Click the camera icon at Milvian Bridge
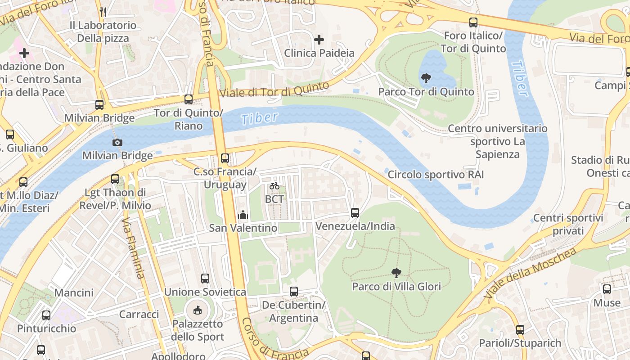[x=117, y=142]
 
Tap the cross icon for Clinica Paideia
[x=319, y=40]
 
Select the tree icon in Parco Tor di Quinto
[x=425, y=79]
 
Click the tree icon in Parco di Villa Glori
[x=396, y=273]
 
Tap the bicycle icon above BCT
[x=274, y=186]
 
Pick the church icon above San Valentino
[x=243, y=215]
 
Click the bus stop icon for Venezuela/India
[x=355, y=212]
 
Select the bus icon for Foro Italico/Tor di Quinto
[x=473, y=22]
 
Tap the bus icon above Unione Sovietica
[x=205, y=279]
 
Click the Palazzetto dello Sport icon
[x=198, y=310]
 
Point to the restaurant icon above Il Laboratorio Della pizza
[x=103, y=12]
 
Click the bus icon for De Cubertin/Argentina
[x=294, y=292]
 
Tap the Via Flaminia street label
[x=133, y=248]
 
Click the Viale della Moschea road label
[x=531, y=273]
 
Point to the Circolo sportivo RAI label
[x=436, y=174]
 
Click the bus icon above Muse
[x=607, y=289]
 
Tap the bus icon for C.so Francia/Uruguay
[x=225, y=158]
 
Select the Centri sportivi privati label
[x=568, y=225]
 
